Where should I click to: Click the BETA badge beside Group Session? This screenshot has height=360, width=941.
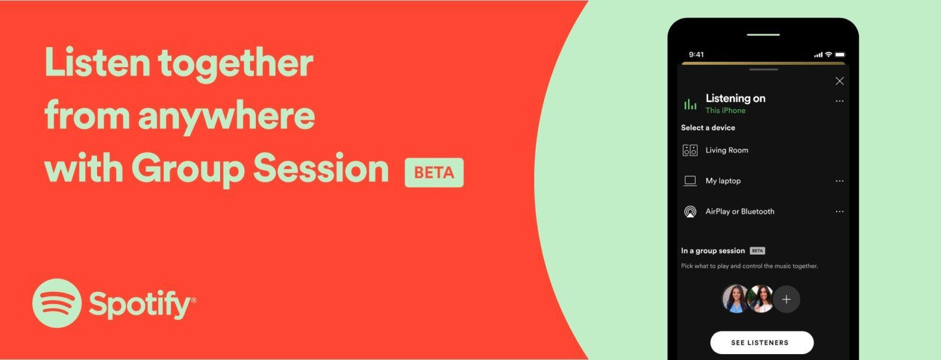[434, 172]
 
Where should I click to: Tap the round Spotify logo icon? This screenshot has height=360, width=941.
[57, 303]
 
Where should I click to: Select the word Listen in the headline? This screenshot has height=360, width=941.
[96, 62]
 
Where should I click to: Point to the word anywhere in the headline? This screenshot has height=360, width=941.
[226, 116]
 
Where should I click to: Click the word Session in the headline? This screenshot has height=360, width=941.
[321, 169]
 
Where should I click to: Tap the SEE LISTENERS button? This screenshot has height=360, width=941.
[762, 342]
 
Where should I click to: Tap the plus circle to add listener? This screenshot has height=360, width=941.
[786, 299]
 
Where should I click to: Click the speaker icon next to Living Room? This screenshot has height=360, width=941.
[690, 150]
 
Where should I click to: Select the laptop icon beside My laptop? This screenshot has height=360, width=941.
[690, 181]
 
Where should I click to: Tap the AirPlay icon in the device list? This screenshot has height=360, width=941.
[690, 212]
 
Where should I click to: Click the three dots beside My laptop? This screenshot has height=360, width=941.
[839, 181]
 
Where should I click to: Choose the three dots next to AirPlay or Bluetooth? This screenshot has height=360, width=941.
[839, 212]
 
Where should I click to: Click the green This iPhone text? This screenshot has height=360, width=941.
[725, 111]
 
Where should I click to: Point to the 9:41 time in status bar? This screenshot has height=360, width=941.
[696, 55]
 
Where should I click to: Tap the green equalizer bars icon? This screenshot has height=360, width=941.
[690, 105]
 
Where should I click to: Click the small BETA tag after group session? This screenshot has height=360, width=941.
[758, 251]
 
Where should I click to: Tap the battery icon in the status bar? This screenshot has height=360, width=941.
[840, 55]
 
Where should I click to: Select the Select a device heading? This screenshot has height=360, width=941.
[708, 128]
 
